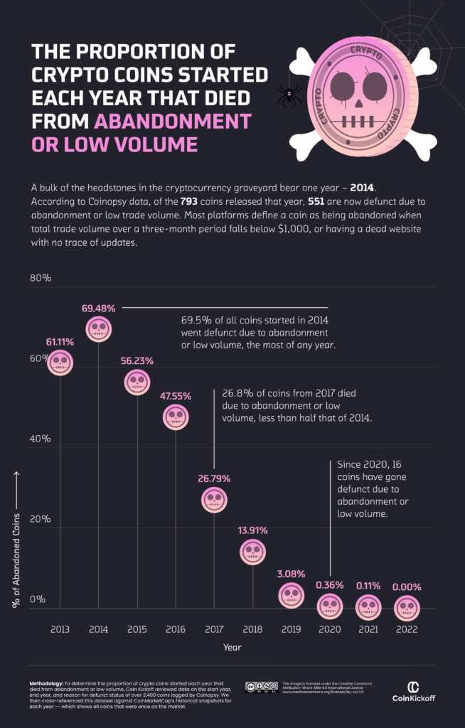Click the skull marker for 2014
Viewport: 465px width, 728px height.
(99, 328)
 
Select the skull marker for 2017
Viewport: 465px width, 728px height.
(214, 500)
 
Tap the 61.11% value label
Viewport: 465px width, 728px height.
(60, 342)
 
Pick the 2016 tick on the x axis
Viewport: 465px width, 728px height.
(176, 629)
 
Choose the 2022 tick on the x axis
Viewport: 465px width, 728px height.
(406, 629)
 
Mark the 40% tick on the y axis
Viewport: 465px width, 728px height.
(41, 439)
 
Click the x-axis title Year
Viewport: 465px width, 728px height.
(232, 647)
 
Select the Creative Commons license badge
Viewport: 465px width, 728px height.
(260, 687)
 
